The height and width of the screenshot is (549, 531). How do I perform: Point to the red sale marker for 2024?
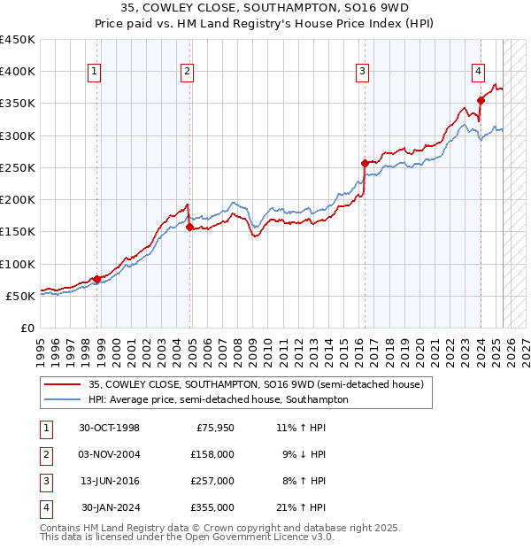(x=481, y=100)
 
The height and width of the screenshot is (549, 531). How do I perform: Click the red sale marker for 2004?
(x=189, y=227)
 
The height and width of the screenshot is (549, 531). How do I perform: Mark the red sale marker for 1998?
(x=97, y=279)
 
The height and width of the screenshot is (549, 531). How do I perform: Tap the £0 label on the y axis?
(x=27, y=328)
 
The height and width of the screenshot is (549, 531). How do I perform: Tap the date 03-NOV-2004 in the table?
(x=110, y=454)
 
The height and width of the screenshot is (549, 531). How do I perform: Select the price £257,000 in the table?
(x=212, y=481)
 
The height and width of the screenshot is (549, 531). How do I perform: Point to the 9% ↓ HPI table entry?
(x=302, y=454)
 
